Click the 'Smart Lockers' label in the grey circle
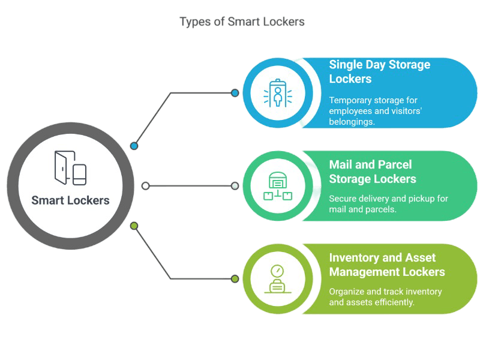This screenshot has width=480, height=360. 70,200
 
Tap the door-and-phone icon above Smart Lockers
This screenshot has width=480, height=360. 70,168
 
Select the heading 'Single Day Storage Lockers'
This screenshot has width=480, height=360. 379,71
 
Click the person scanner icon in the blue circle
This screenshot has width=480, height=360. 277,93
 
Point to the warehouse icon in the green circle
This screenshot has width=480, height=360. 277,186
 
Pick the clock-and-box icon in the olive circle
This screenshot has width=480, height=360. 277,279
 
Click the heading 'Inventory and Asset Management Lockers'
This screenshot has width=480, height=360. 386,265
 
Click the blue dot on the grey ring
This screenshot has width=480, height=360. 134,146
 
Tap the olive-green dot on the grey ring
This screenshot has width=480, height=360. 134,226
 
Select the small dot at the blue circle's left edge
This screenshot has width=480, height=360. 235,93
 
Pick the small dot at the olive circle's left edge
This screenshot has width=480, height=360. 235,279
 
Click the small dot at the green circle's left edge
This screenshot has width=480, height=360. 235,186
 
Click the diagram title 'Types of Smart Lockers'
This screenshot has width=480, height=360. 242,22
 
